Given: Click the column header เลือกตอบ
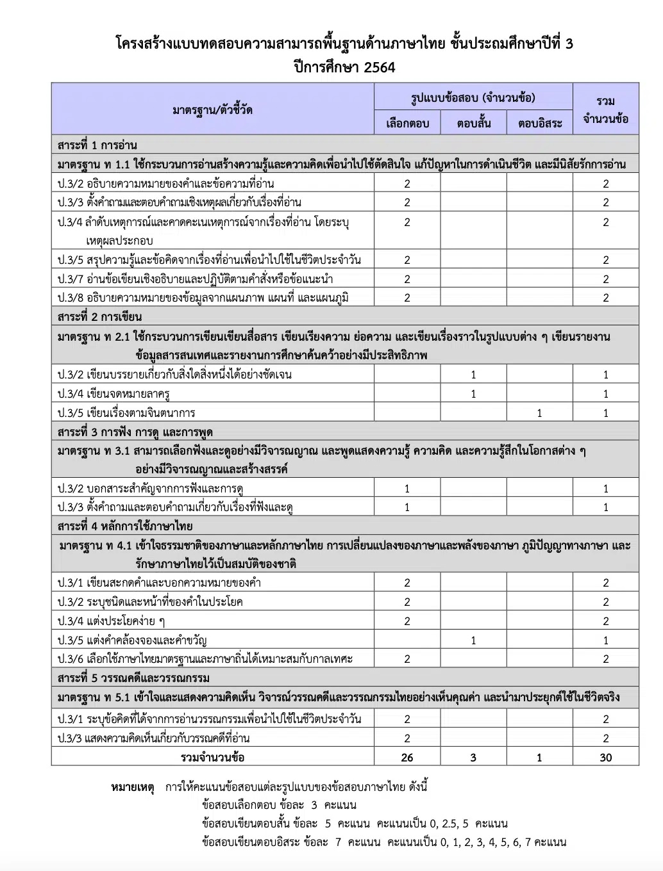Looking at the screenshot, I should tap(407, 123).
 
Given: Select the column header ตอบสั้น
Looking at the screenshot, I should tap(474, 123).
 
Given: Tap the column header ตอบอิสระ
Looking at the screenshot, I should tap(540, 123).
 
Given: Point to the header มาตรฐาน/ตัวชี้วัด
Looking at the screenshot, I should tap(212, 110).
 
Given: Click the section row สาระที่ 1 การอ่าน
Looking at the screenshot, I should tap(97, 145).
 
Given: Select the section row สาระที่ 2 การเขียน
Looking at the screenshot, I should tap(99, 317).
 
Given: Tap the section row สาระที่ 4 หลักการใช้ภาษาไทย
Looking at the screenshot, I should tap(124, 526).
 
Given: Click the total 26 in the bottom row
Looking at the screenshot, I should tap(407, 758).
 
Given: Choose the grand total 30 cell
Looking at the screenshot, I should tap(606, 758).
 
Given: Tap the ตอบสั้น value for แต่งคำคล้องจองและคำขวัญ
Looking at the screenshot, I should tap(474, 640).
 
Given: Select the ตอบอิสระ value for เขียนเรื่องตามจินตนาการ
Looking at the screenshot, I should tap(540, 413).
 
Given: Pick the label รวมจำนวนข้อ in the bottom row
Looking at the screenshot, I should tap(212, 758).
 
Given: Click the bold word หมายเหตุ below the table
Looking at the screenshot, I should tap(133, 787).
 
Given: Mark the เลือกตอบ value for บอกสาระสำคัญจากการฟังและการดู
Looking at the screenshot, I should tap(407, 489).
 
